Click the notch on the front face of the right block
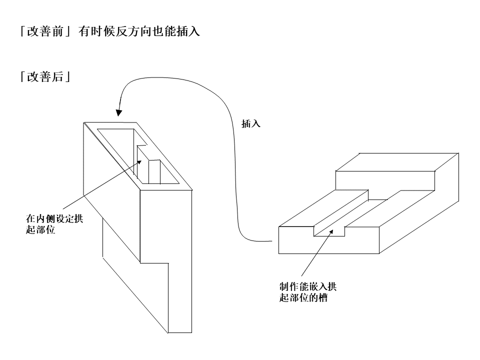[x=328, y=230]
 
